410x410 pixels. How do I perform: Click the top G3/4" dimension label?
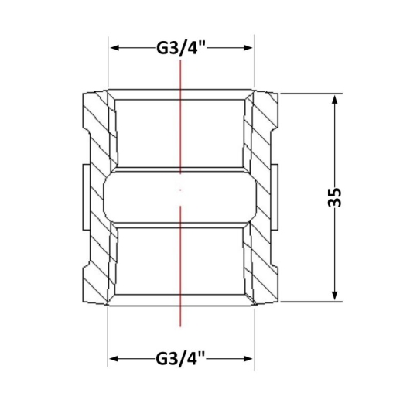pos(182,48)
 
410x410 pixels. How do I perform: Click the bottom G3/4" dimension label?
pos(181,358)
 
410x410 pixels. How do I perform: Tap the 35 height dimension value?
pos(334,197)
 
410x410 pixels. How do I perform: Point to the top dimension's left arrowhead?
pos(114,48)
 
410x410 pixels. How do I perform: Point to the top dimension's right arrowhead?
pos(248,48)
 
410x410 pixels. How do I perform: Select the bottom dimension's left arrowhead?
pos(114,358)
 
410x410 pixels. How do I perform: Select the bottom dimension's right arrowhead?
pos(248,358)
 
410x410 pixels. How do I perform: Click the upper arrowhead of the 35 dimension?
pos(334,100)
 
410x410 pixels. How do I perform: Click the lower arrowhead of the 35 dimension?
pos(334,296)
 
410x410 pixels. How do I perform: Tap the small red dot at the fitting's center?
pos(180,190)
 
